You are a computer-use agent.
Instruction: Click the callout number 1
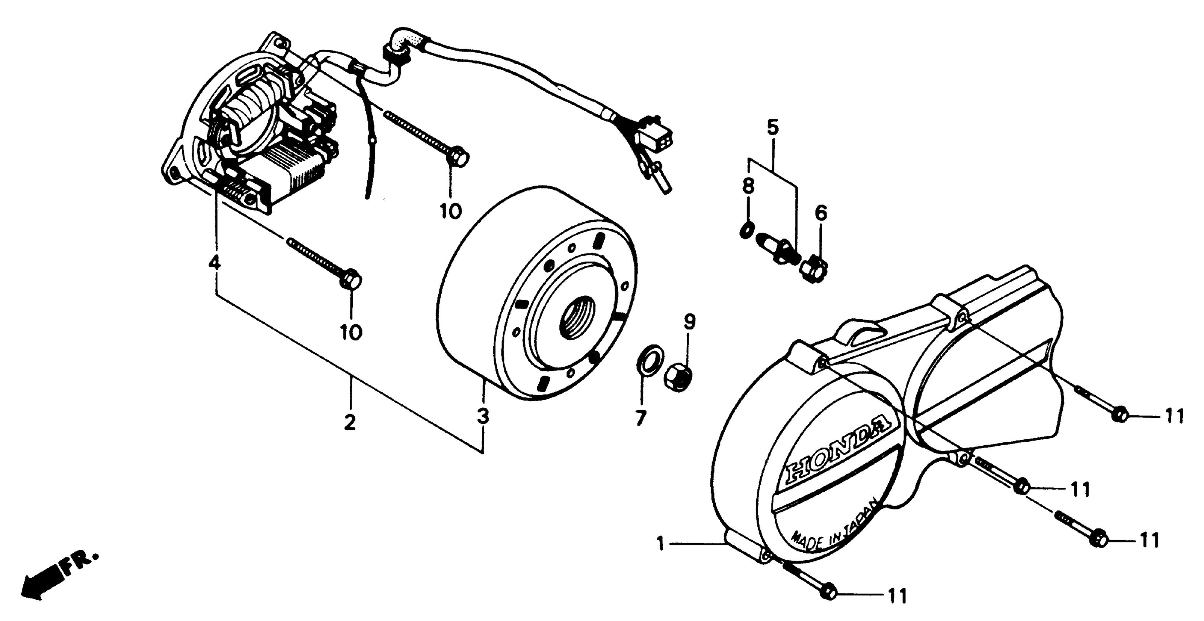[x=660, y=544]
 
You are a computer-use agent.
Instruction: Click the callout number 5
[x=773, y=127]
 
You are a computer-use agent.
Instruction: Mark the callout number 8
[x=748, y=187]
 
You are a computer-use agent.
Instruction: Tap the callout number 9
[x=689, y=322]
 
